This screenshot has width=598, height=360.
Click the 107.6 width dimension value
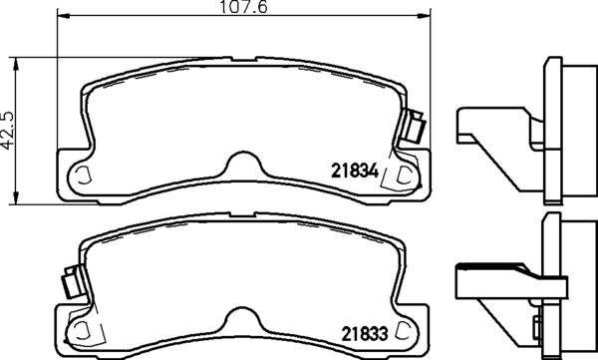pyautogui.click(x=244, y=7)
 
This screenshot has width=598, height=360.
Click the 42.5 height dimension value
pyautogui.click(x=7, y=131)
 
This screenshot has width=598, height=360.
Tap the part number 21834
pyautogui.click(x=355, y=171)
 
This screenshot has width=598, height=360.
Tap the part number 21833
pyautogui.click(x=364, y=334)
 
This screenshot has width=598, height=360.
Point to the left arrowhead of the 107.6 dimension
pyautogui.click(x=64, y=16)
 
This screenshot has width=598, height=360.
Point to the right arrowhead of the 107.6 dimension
pyautogui.click(x=424, y=16)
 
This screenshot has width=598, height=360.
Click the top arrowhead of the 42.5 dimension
pyautogui.click(x=16, y=64)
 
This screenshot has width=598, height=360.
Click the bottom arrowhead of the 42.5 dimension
pyautogui.click(x=16, y=197)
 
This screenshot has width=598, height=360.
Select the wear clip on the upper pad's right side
pyautogui.click(x=415, y=126)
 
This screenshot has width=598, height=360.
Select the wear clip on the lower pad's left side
pyautogui.click(x=73, y=282)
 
